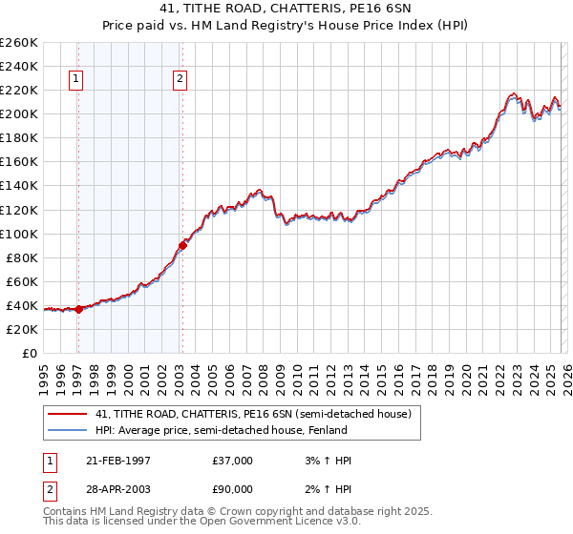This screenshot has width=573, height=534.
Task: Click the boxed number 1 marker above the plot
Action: coord(76,80)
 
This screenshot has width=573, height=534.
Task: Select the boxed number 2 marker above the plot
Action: coord(180,80)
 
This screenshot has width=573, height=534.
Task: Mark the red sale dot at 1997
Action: coord(79,309)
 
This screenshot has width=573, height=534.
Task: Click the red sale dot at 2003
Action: coord(182,245)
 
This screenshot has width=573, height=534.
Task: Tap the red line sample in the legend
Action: coord(68,414)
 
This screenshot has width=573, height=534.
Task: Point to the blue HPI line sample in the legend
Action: coord(68,430)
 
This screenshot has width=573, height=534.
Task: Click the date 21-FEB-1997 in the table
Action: coord(114,461)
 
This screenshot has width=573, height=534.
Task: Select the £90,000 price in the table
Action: coord(233,490)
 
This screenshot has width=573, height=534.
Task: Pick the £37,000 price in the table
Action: coord(233,461)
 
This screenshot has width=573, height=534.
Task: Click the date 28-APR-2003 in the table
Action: coord(114,490)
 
